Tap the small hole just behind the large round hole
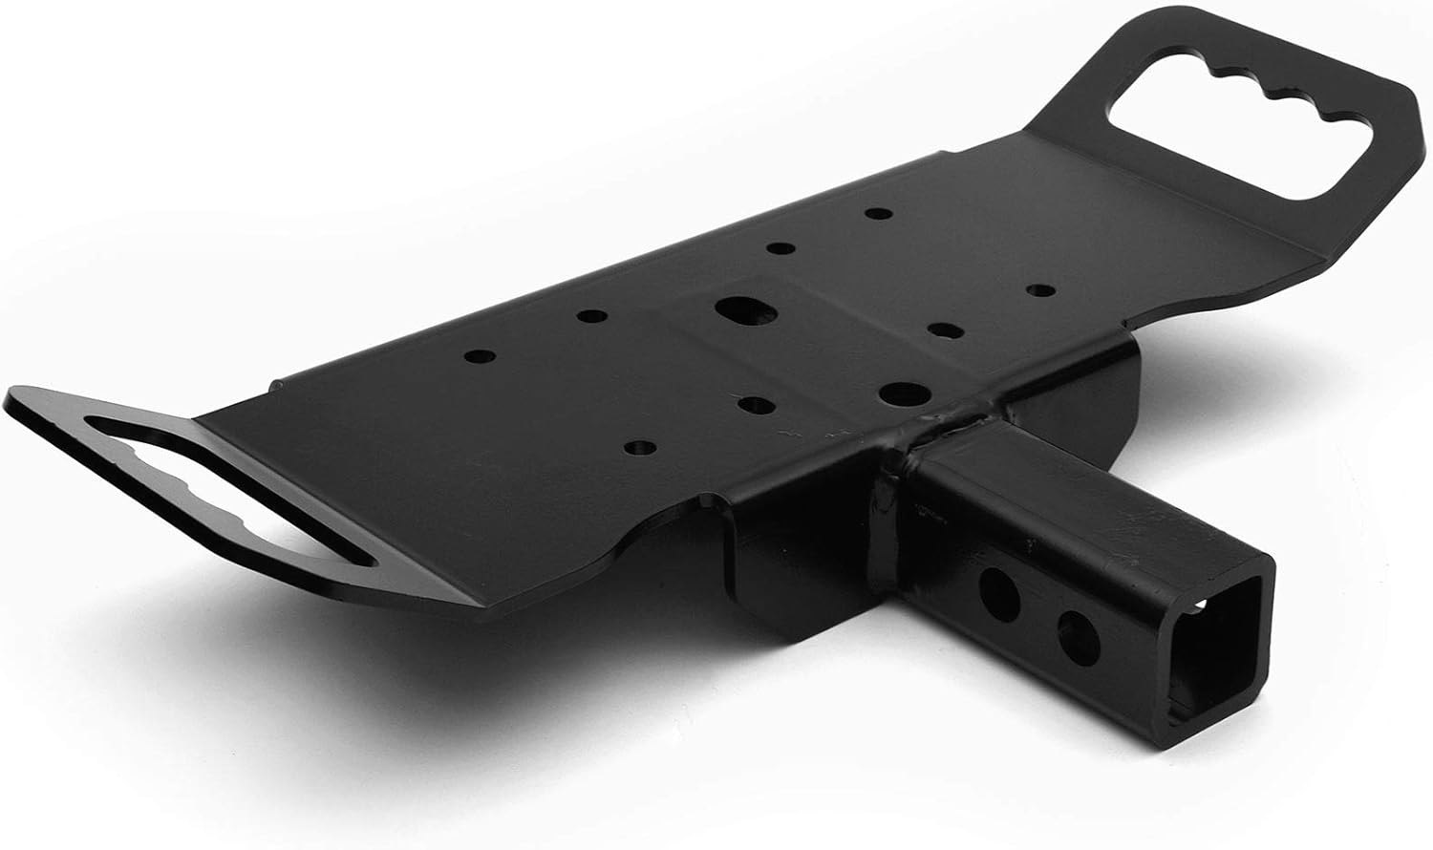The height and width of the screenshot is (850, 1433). (x=944, y=330)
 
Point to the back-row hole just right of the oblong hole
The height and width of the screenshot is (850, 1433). (x=781, y=249)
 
